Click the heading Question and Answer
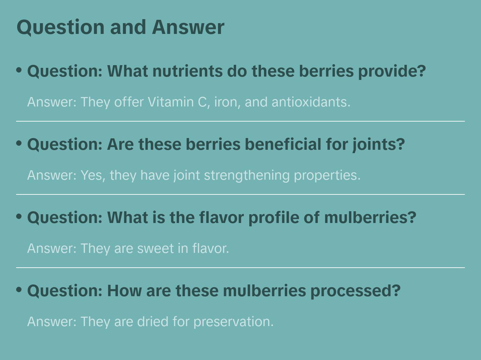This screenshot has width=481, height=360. click(x=120, y=28)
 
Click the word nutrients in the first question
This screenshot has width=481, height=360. click(x=187, y=71)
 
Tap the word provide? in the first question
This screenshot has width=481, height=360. click(x=392, y=72)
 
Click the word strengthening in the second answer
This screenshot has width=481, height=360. click(x=247, y=176)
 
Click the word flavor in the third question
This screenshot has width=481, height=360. click(x=221, y=218)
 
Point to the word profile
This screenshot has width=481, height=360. click(x=274, y=218)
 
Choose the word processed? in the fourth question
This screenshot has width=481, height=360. click(x=355, y=291)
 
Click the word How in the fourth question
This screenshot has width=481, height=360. click(x=124, y=291)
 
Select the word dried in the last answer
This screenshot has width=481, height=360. click(x=153, y=321)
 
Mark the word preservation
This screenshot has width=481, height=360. click(x=233, y=322)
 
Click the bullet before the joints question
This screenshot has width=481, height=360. click(x=19, y=143)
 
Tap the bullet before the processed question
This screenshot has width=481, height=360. click(x=19, y=290)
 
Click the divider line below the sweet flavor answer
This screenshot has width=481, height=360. click(x=240, y=267)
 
